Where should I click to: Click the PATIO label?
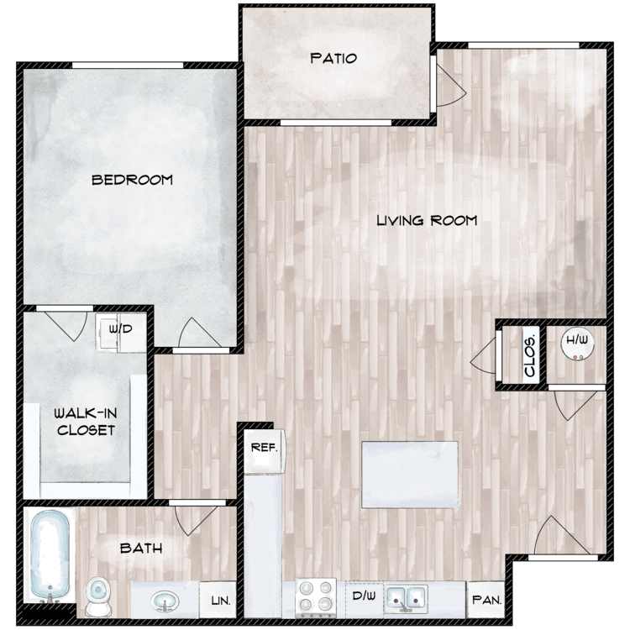click(333, 59)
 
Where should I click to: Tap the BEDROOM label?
click(132, 180)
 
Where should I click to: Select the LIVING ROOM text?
click(427, 220)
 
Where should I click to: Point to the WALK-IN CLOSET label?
click(86, 422)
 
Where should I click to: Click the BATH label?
click(141, 548)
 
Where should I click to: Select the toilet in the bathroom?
click(98, 596)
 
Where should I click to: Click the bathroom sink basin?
click(165, 601)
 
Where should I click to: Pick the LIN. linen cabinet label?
click(221, 601)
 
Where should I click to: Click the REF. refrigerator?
click(265, 451)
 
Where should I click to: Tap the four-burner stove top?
click(316, 598)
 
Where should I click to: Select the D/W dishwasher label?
click(364, 596)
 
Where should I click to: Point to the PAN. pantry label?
click(487, 601)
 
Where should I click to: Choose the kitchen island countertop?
click(410, 475)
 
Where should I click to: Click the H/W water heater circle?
click(577, 344)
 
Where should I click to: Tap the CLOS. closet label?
click(530, 355)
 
